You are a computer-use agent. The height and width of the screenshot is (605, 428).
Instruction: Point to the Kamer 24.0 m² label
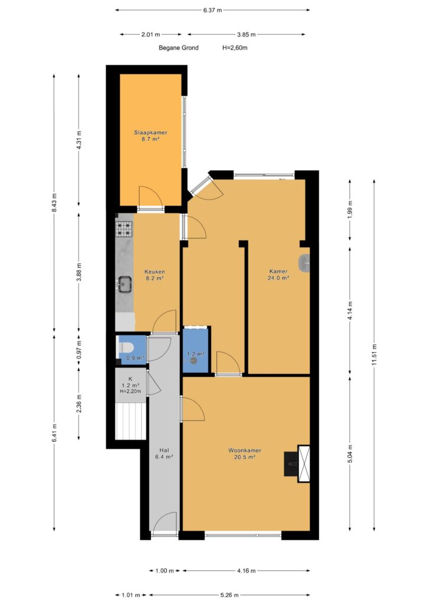tap(278, 274)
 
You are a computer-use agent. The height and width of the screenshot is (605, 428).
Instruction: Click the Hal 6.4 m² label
tap(164, 453)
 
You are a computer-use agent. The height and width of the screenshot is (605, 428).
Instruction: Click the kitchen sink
tap(125, 284)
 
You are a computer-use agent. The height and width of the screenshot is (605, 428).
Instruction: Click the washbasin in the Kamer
tap(304, 264)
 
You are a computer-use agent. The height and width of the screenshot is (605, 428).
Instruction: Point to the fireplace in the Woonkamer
tap(297, 464)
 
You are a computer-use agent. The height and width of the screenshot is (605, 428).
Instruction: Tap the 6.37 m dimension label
tap(213, 10)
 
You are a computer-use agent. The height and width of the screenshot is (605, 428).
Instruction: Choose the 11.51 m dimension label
tap(374, 355)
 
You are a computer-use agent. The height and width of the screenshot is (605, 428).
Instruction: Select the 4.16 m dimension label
tap(246, 571)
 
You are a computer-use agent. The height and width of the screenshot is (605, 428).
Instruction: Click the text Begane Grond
tap(179, 48)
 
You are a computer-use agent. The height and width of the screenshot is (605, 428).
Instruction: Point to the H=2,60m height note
tap(235, 48)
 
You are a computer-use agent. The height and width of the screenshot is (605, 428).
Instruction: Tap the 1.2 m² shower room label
tap(195, 354)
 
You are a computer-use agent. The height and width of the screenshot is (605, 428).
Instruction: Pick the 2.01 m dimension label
tap(151, 34)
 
